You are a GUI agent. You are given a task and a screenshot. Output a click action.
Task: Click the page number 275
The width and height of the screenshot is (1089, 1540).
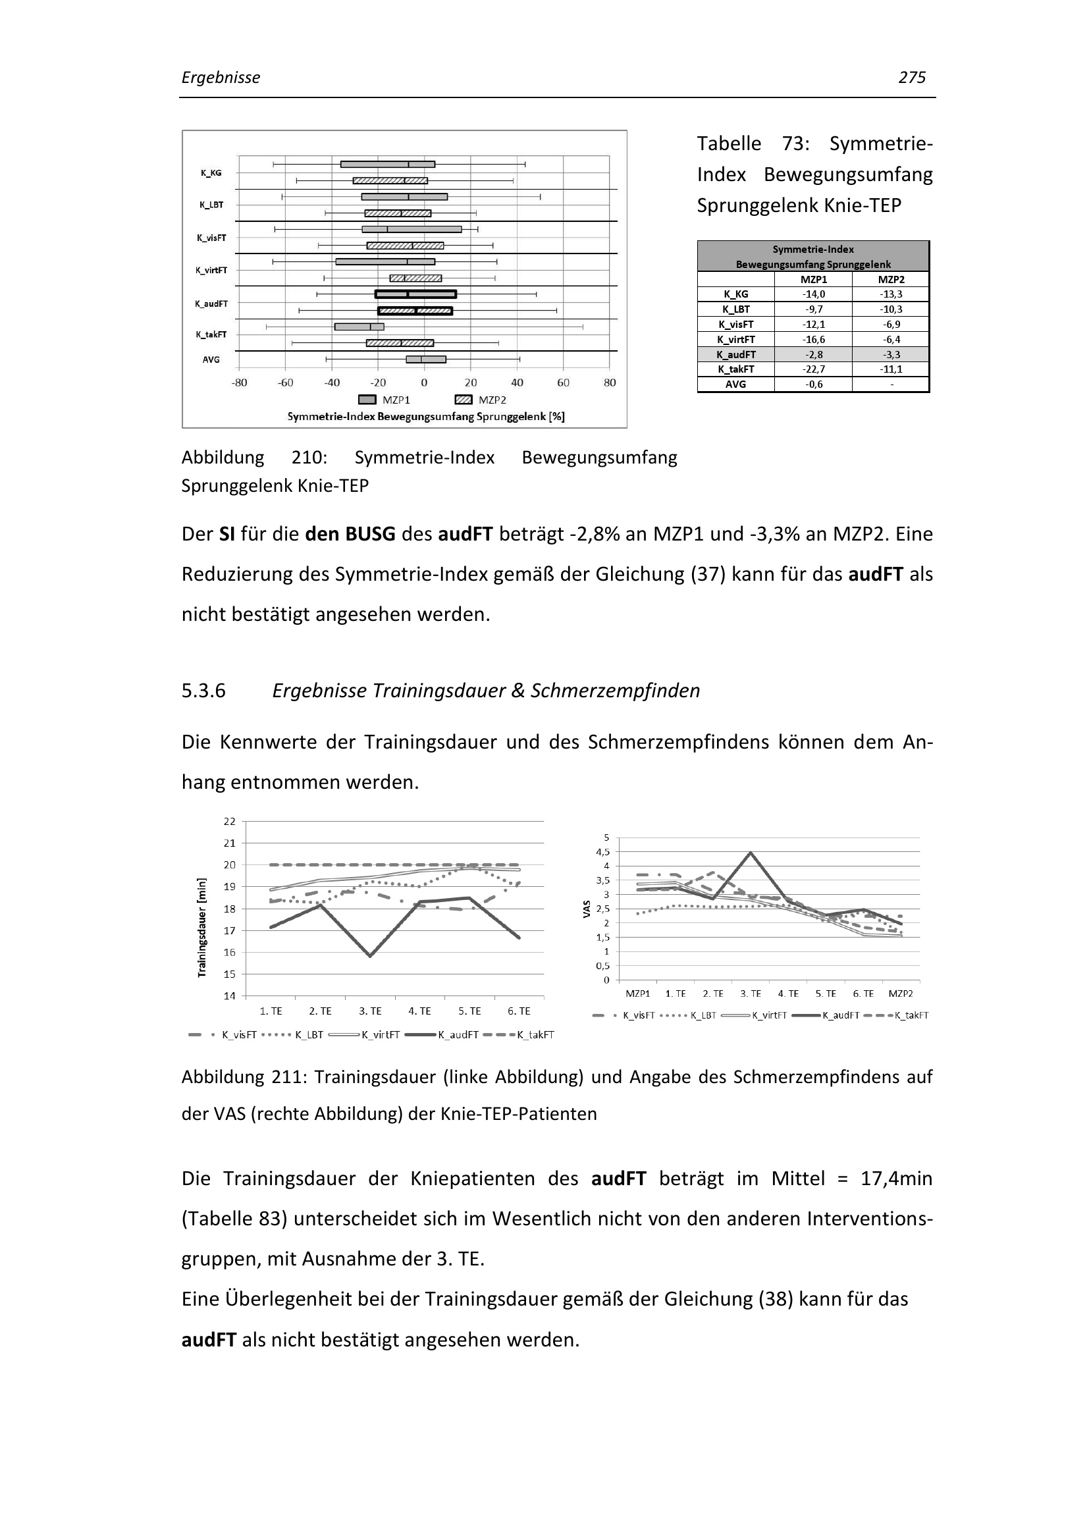click(911, 78)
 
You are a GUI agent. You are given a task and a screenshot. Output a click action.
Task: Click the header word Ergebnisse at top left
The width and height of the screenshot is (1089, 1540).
click(221, 78)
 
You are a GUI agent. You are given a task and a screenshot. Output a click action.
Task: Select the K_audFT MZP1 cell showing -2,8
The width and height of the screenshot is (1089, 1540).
click(813, 354)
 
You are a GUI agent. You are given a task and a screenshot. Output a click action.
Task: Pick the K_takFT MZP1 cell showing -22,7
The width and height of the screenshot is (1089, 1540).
click(813, 369)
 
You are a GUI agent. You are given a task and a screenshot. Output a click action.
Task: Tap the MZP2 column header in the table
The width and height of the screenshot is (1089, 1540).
click(891, 279)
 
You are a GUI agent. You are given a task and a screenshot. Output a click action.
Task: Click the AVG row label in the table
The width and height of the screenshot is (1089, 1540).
click(735, 385)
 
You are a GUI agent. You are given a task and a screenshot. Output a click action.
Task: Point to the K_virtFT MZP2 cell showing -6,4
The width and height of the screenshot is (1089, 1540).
click(891, 339)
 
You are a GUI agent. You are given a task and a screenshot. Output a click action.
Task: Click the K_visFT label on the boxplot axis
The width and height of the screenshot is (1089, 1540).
click(211, 238)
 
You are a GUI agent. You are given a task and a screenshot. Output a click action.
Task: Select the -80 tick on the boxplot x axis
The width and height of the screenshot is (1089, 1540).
click(240, 383)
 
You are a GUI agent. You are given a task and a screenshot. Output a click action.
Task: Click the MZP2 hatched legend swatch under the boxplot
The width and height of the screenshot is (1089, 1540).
click(464, 400)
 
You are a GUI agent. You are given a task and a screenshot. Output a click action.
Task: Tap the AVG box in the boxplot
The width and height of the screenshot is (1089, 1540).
click(426, 359)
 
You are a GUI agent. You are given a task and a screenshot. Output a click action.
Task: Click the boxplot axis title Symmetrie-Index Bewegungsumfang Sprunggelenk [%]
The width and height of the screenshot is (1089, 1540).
click(426, 417)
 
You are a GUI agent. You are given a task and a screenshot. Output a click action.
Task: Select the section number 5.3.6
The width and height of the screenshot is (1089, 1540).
click(204, 691)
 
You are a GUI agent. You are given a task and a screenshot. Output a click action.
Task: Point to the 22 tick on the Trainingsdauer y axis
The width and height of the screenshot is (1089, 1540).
click(229, 822)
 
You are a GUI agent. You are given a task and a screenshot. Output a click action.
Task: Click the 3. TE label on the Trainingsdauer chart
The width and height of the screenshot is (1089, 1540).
click(370, 1011)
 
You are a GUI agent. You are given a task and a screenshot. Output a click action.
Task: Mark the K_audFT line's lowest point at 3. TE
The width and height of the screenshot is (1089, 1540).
click(370, 956)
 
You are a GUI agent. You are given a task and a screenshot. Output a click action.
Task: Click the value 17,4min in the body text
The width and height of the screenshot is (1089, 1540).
click(896, 1179)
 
